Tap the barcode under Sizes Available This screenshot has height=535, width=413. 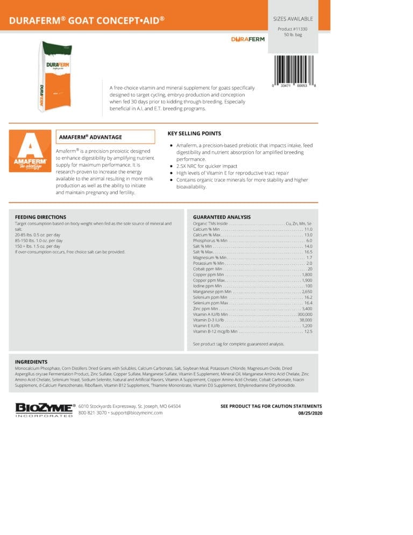click(293, 68)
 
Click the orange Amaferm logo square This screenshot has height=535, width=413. click(30, 151)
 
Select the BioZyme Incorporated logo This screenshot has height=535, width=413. click(44, 410)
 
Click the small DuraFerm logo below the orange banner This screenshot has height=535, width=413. click(248, 39)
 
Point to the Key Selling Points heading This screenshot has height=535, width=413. click(194, 133)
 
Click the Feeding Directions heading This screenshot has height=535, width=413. click(40, 217)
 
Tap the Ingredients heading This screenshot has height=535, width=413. click(31, 362)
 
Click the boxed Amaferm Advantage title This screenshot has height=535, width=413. click(90, 137)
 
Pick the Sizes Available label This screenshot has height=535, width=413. click(293, 19)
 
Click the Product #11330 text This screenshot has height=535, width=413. click(293, 29)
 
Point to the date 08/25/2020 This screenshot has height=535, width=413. click(310, 413)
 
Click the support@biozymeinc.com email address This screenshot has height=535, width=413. click(137, 413)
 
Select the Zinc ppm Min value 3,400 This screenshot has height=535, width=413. click(307, 309)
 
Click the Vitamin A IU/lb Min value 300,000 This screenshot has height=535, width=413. click(305, 314)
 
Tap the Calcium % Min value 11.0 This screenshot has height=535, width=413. click(308, 229)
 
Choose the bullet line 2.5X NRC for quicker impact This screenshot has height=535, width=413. click(206, 166)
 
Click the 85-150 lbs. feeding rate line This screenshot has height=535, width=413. click(38, 241)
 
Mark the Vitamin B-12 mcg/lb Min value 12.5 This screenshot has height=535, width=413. click(308, 332)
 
